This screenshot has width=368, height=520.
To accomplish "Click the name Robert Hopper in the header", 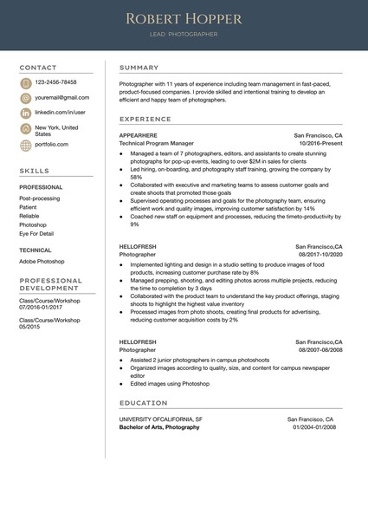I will click(183, 18).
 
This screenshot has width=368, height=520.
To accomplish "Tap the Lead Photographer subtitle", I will click(183, 35).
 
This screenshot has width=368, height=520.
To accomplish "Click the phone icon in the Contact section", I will click(26, 82).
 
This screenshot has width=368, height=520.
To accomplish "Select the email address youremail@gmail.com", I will click(61, 98).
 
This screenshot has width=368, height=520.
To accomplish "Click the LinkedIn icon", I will click(26, 114).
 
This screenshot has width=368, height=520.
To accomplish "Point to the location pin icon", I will click(26, 129).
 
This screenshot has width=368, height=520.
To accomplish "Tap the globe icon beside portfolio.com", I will click(26, 145).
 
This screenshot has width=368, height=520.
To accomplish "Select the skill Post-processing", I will click(40, 198).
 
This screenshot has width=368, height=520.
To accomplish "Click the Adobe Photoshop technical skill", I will click(42, 261).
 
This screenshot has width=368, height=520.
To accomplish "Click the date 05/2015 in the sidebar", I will click(30, 327).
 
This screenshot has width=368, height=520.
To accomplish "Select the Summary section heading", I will click(139, 68).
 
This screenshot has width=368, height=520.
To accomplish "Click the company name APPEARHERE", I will click(138, 136).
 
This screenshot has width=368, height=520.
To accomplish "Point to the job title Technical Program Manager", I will click(157, 144).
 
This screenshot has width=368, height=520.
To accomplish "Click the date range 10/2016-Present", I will click(320, 144).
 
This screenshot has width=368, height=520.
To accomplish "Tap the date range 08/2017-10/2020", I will click(320, 255).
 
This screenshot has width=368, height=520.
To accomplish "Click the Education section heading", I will click(143, 403).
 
